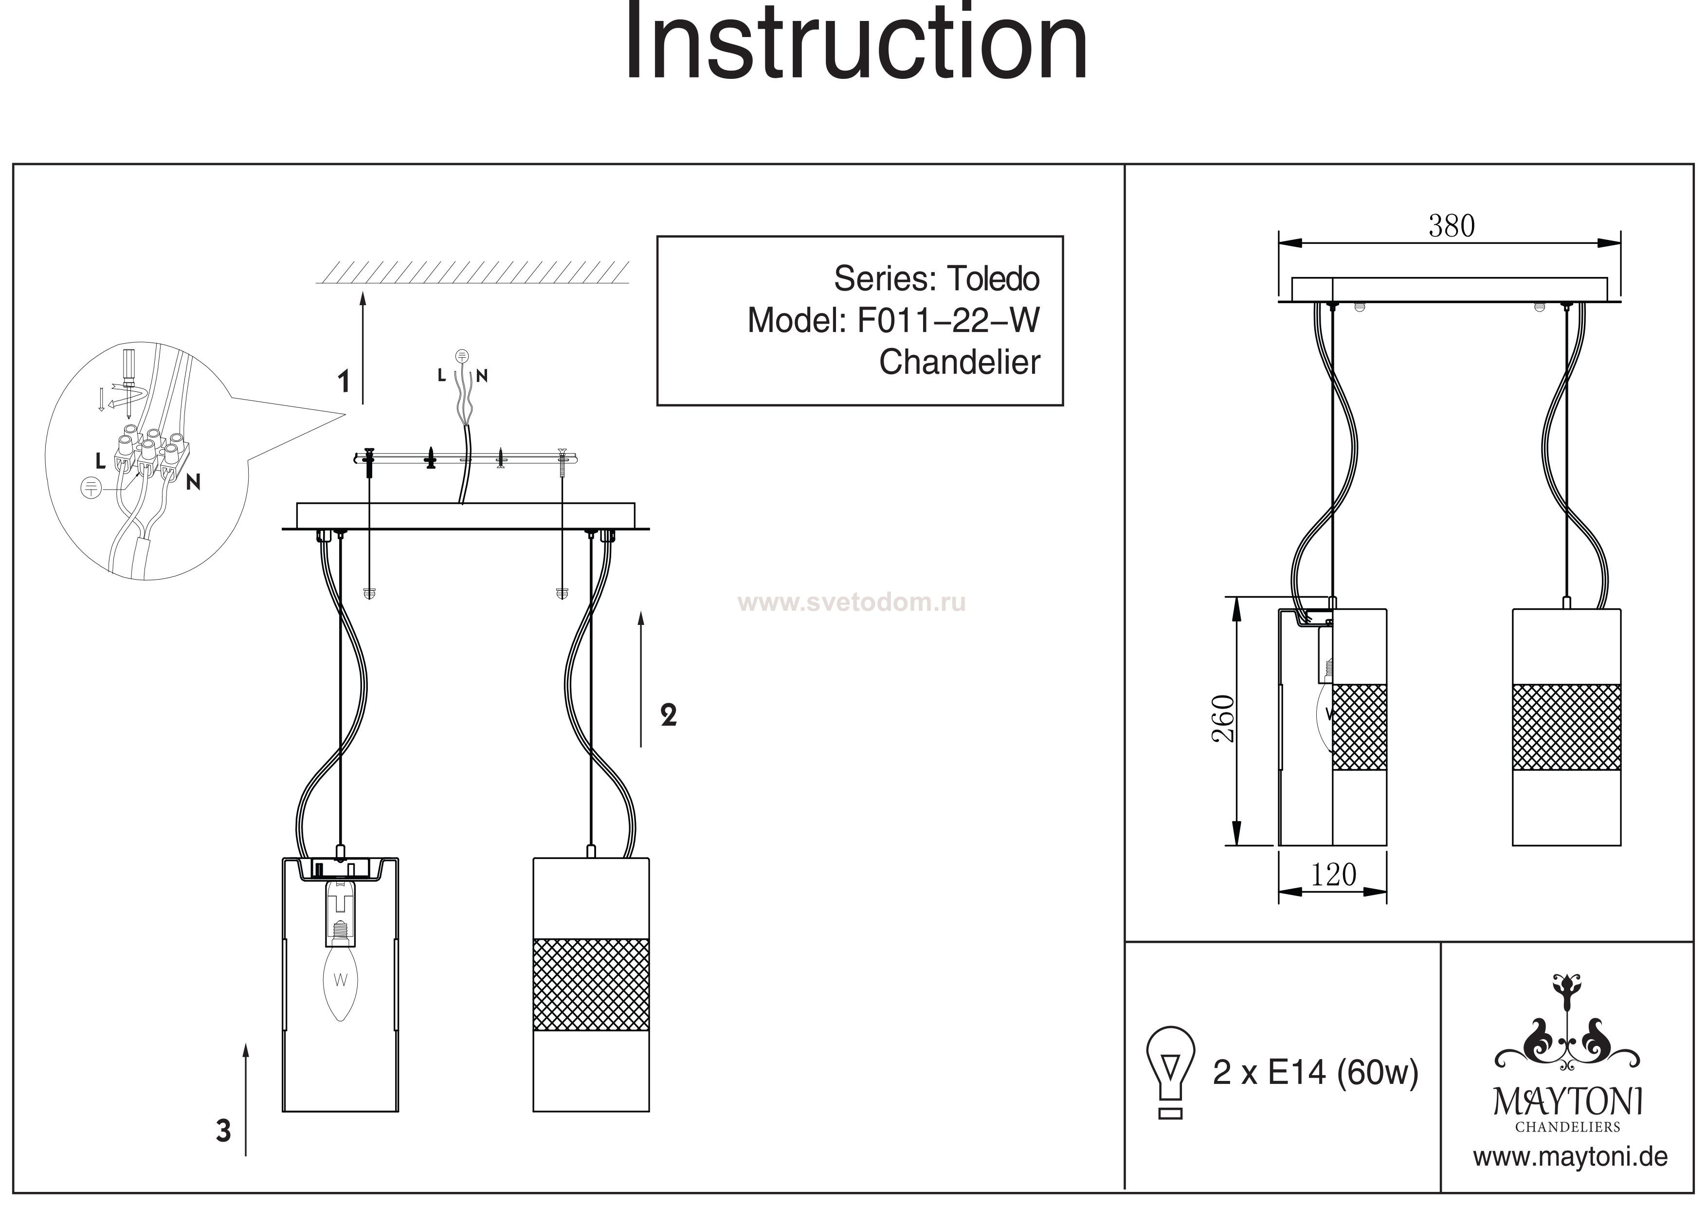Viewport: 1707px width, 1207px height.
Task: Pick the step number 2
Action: click(669, 715)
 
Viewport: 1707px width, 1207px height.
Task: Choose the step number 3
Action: click(223, 1131)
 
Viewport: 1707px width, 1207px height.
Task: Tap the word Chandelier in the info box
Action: click(959, 362)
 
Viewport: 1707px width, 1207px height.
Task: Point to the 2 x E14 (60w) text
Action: click(1315, 1072)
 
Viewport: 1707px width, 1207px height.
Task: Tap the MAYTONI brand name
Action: click(1568, 1102)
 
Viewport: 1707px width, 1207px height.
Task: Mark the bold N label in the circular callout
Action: click(193, 482)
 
